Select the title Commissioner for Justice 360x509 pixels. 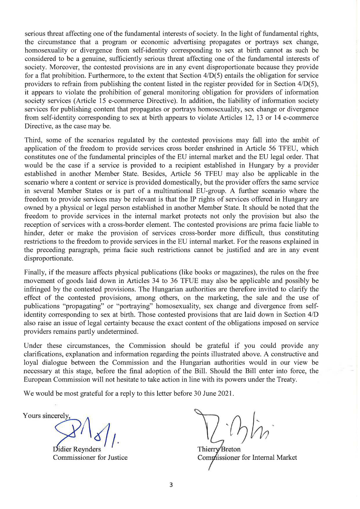(90, 457)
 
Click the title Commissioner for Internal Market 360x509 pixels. (247, 457)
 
